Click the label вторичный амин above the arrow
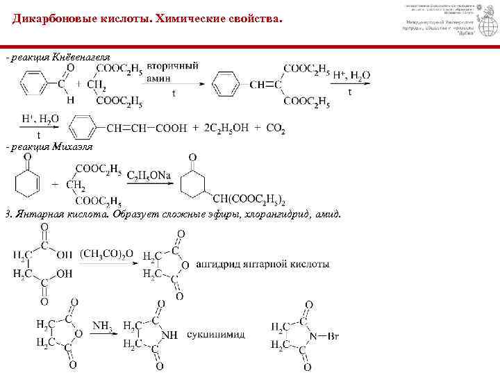pos(172,72)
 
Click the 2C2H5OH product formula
pos(224,128)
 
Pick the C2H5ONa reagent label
pos(149,176)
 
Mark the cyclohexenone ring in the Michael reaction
pos(26,183)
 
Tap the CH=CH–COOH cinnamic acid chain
pos(147,128)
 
